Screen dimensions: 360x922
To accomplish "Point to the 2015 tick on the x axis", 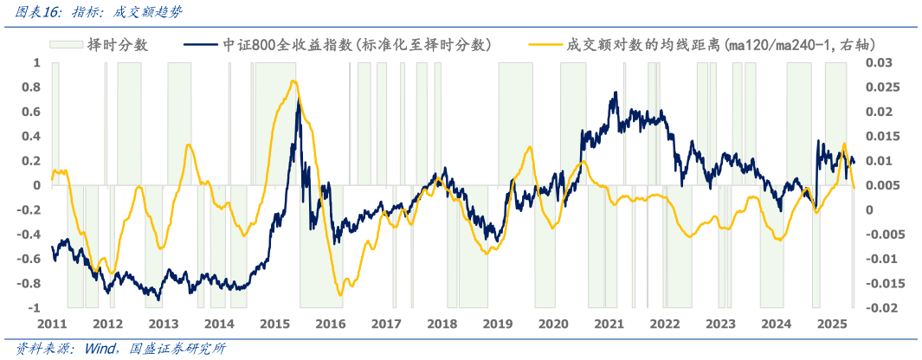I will pyautogui.click(x=274, y=324).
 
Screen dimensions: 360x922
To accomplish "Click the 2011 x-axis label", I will pyautogui.click(x=52, y=324).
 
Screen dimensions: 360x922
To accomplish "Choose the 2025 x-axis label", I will pyautogui.click(x=832, y=324).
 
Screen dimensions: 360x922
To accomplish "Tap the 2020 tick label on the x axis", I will pyautogui.click(x=553, y=324).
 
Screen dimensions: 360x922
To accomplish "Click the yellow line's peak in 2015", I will pyautogui.click(x=293, y=81).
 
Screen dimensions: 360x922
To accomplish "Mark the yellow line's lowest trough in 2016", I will pyautogui.click(x=340, y=295).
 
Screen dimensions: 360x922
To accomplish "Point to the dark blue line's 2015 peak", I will pyautogui.click(x=299, y=100).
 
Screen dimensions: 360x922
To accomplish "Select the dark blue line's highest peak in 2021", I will pyautogui.click(x=616, y=92).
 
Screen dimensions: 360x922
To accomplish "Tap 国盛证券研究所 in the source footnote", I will pyautogui.click(x=177, y=349).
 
